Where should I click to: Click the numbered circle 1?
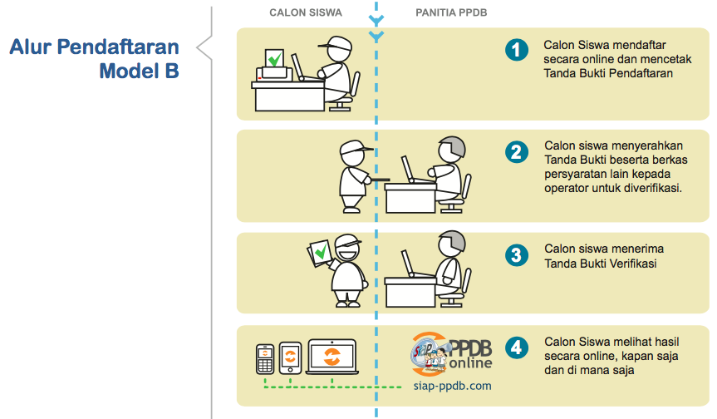point(517,51)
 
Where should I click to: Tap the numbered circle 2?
point(517,152)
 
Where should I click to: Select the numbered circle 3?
point(517,254)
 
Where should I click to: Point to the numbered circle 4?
point(517,347)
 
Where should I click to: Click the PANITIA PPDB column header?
point(450,13)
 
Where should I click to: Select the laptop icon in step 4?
point(331,357)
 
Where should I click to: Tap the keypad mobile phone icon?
point(265,360)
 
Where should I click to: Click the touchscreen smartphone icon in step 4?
point(290,358)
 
